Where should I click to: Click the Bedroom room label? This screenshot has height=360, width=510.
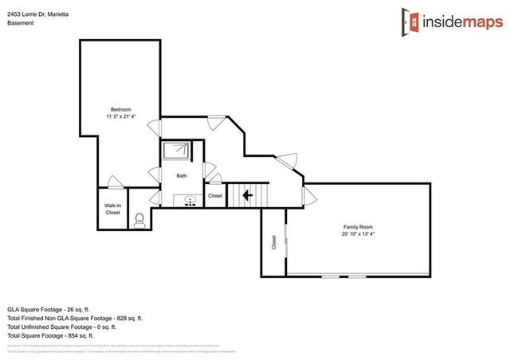[120, 109]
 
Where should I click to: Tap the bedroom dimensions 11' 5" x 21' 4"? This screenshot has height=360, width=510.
[120, 117]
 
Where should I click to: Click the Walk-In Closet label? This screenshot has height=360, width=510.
[112, 209]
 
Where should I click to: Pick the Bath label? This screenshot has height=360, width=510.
[182, 175]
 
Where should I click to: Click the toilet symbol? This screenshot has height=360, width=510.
[139, 218]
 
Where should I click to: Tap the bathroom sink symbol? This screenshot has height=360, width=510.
[190, 201]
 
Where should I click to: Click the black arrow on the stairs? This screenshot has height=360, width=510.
[247, 194]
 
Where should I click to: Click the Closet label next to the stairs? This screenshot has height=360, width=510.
[215, 196]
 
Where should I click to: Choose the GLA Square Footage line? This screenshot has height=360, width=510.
[55, 309]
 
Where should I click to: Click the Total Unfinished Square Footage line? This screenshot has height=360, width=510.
[62, 327]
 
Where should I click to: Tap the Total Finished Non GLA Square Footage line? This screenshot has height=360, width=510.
[75, 318]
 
